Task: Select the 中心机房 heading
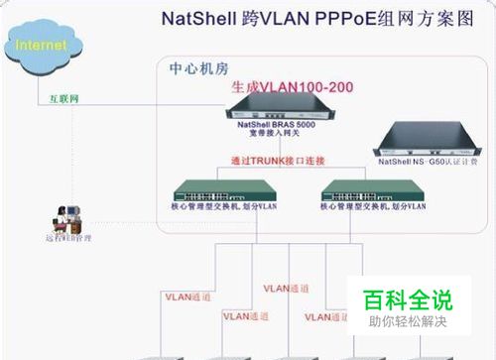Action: point(199,70)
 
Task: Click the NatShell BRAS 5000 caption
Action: point(279,126)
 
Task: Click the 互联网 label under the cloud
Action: point(64,100)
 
